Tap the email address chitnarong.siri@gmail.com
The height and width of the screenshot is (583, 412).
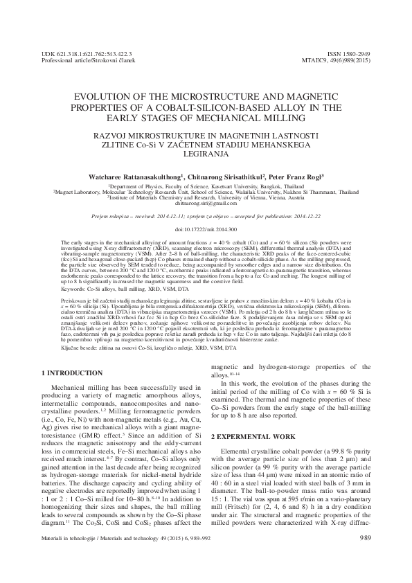tap(206, 204)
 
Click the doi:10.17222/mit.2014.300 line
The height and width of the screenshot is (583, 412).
tap(206, 228)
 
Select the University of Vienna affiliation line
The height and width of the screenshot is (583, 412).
tap(206, 198)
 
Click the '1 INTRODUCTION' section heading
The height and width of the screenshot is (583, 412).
tap(71, 374)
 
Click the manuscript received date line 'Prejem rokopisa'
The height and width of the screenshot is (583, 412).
tap(206, 216)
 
